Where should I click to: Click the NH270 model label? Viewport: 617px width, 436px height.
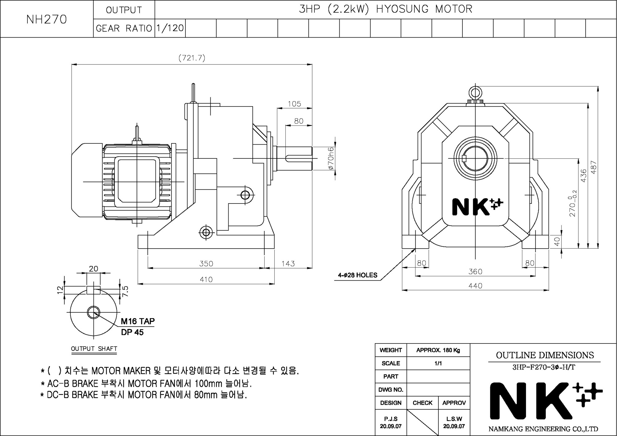click(47, 19)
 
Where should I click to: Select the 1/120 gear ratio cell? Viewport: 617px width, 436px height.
click(170, 28)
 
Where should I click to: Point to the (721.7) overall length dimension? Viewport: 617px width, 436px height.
click(192, 58)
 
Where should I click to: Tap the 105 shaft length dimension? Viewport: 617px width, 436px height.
click(294, 104)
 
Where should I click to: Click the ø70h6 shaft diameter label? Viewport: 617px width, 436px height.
click(331, 158)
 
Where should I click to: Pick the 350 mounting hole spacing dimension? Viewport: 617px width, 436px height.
click(206, 264)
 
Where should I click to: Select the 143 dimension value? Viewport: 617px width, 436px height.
click(288, 264)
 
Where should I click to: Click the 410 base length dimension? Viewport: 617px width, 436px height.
click(206, 279)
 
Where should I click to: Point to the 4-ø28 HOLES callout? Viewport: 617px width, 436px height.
click(358, 275)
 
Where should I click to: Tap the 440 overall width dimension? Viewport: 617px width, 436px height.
click(475, 286)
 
